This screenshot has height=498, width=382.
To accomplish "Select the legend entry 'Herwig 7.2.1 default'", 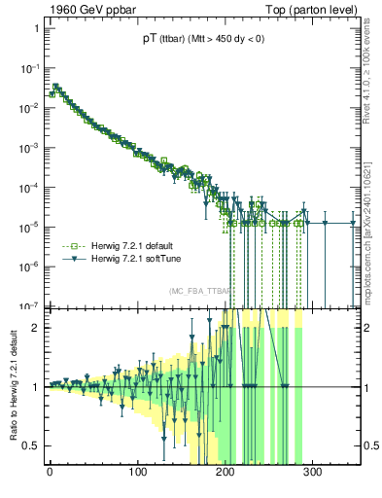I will [129, 246].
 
